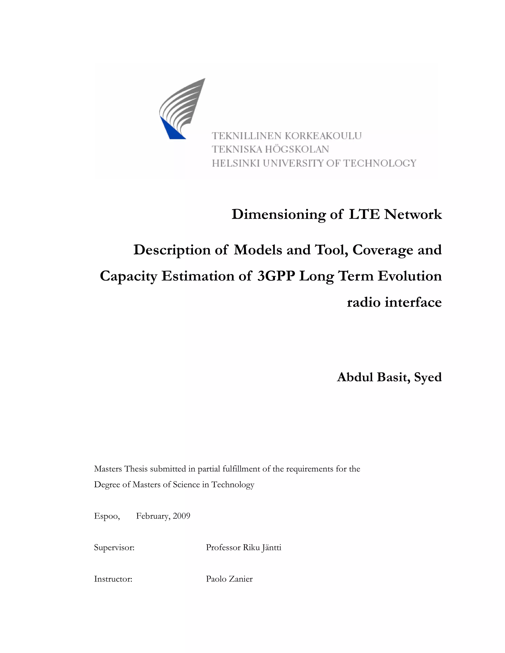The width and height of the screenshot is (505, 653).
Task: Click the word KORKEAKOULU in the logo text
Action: (323, 136)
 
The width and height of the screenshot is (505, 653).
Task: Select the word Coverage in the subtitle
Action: (383, 250)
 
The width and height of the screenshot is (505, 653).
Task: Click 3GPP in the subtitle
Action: (276, 276)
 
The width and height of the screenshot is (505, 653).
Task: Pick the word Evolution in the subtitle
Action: (410, 276)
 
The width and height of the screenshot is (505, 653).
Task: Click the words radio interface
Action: (394, 302)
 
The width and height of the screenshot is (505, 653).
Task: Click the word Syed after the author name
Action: (428, 378)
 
